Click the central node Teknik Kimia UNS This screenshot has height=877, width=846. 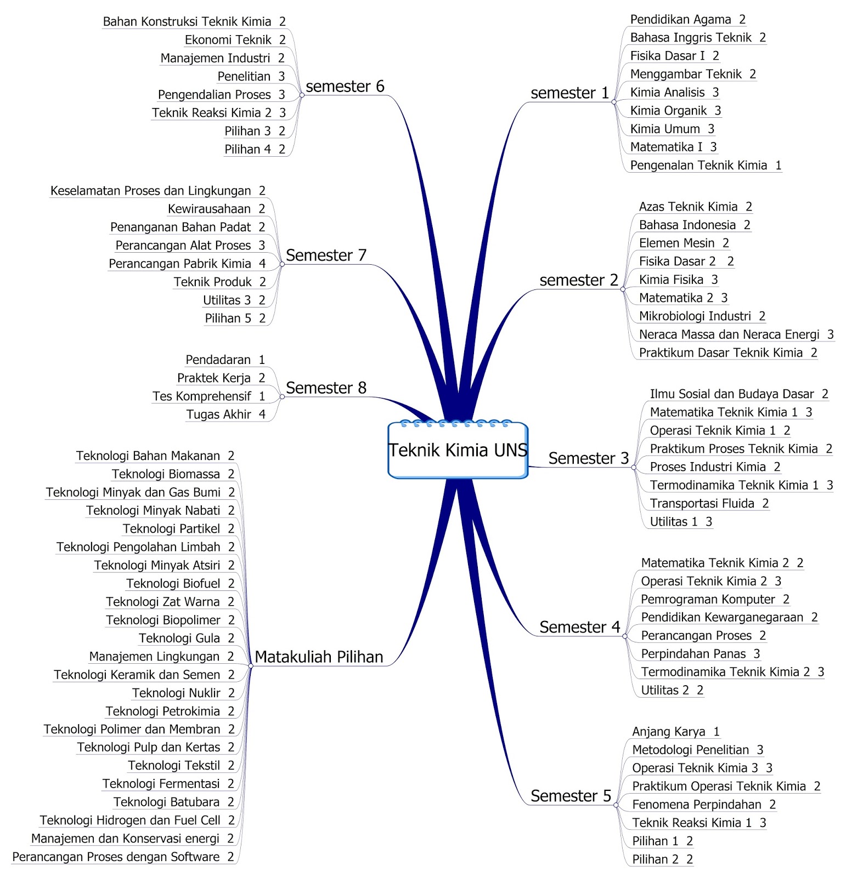[x=458, y=450]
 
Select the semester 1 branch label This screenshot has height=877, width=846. [x=569, y=93]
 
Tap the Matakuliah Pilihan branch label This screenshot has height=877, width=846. [x=319, y=657]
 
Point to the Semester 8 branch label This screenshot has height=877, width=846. [x=326, y=388]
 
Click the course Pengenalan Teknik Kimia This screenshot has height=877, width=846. [x=698, y=166]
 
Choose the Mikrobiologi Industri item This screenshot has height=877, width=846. [x=695, y=316]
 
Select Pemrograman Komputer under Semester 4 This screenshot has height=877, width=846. [x=708, y=600]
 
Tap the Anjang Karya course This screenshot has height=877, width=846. [x=668, y=732]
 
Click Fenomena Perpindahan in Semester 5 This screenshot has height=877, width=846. [x=696, y=805]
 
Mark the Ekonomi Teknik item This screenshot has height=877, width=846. [x=228, y=40]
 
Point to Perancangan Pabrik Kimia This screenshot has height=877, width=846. [x=179, y=264]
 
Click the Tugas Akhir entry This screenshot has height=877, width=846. [x=218, y=415]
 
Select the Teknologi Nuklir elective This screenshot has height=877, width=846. [x=176, y=693]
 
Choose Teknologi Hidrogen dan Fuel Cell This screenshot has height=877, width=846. [x=130, y=821]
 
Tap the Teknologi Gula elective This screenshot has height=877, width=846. [x=179, y=639]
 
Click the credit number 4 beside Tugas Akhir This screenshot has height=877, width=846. [x=262, y=415]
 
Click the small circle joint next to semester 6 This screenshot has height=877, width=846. [x=302, y=95]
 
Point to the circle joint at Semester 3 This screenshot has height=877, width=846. [x=634, y=468]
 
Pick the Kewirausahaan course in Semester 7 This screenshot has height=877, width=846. [x=209, y=209]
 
